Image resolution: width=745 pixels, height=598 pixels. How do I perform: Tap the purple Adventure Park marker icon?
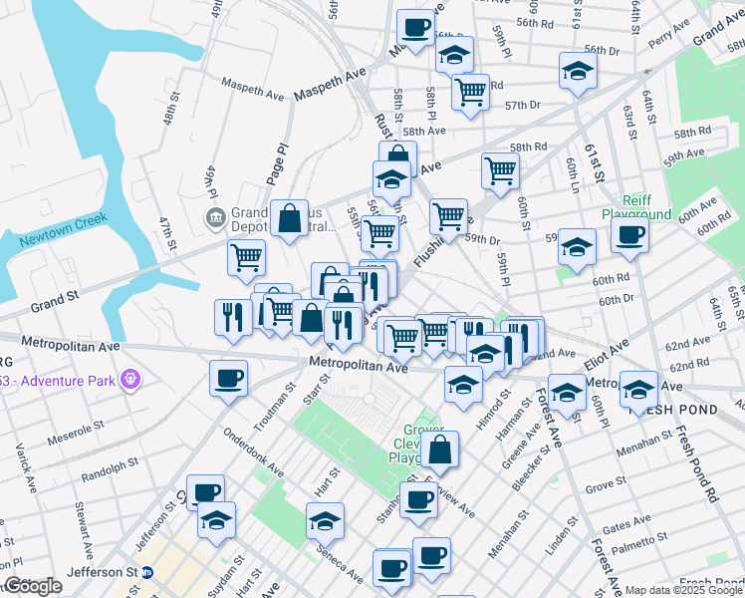click(x=128, y=379)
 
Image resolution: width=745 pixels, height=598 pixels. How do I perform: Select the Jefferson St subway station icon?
click(x=147, y=572)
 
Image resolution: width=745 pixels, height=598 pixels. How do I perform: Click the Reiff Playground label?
click(x=635, y=207)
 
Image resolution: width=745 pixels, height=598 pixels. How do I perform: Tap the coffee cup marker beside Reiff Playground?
click(x=628, y=236)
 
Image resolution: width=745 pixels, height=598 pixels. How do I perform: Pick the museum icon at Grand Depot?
click(x=214, y=217)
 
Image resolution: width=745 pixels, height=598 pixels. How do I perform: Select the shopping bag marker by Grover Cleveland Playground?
click(x=439, y=448)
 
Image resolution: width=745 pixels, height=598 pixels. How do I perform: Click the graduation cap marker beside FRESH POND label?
click(x=638, y=388)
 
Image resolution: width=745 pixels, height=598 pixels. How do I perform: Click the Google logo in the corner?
click(x=33, y=586)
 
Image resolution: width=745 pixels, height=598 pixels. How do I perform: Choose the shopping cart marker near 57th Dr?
click(x=470, y=92)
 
